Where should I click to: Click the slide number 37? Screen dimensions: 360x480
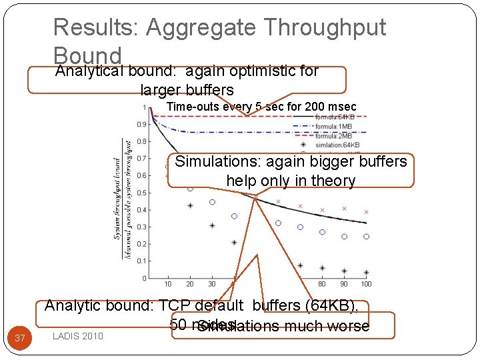[x=20, y=339]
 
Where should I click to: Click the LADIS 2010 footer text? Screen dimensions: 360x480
[x=78, y=336]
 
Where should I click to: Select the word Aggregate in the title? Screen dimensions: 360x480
[x=203, y=27]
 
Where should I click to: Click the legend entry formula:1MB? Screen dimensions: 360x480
[x=334, y=127]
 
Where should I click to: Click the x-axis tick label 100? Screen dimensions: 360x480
[x=366, y=284]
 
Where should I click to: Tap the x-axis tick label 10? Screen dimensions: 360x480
[x=168, y=284]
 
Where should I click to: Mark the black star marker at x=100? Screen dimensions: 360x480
[x=366, y=272]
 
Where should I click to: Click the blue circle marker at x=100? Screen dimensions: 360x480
[x=366, y=237]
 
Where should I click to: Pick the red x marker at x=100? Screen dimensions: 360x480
[x=366, y=212]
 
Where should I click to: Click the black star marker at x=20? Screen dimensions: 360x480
[x=190, y=206]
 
